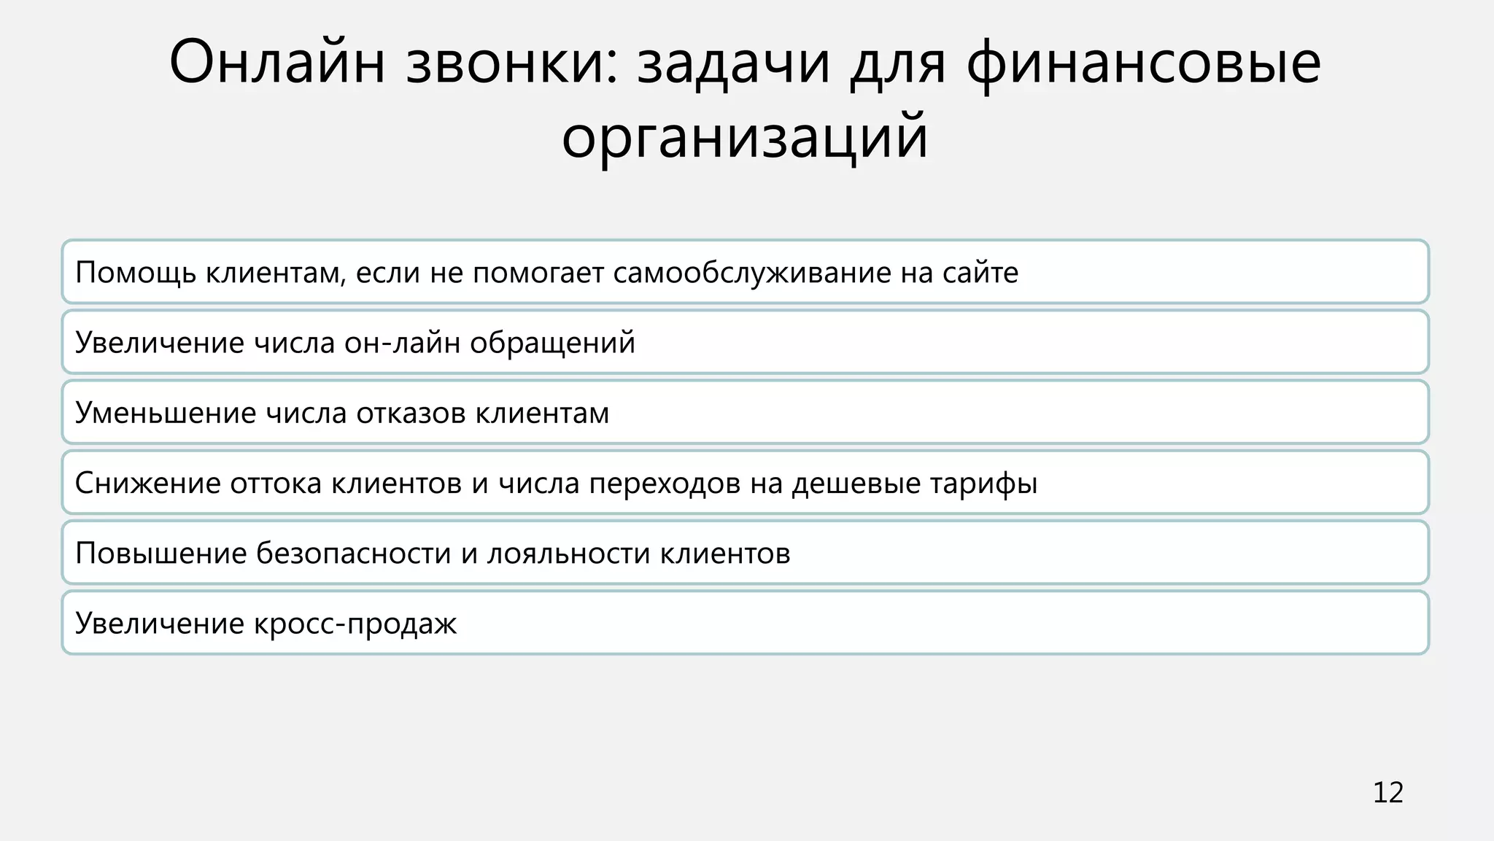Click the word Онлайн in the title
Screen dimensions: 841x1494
277,63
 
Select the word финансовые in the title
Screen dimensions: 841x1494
1143,64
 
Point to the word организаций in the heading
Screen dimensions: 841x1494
745,137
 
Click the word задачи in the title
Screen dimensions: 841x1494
733,63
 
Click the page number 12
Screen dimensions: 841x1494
1387,793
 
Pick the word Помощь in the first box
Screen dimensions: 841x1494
136,273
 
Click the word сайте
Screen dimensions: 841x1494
980,273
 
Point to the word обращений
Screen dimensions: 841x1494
552,343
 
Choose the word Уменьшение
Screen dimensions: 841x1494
165,413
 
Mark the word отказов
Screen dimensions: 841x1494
411,413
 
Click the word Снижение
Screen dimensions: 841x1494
147,483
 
